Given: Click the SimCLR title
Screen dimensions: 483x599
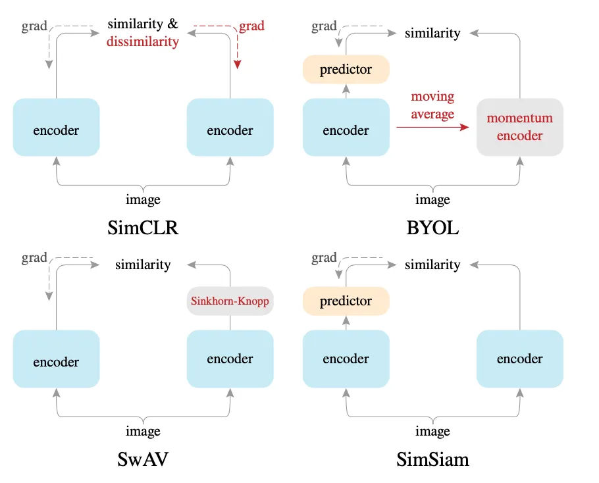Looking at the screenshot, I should coord(143,228).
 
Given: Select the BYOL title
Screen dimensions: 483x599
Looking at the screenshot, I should coord(432,228).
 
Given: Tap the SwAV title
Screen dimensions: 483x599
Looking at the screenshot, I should coord(143,459).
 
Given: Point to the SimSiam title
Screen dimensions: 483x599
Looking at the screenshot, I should coord(432,459).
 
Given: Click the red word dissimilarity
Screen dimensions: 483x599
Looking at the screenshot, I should coord(143,41).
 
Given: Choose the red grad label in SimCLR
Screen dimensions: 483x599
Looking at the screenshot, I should coord(251,26).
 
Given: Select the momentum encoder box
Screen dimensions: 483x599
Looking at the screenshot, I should coord(519,127).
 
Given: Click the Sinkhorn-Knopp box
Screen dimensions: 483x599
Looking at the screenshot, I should coord(230,301).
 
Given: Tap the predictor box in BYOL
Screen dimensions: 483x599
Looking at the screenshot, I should coord(346,70).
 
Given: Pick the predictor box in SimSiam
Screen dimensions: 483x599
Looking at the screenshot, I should coord(346,301).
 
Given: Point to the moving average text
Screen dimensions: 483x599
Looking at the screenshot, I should coord(432,105).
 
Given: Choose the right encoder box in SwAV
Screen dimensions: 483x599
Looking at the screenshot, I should coord(230,359).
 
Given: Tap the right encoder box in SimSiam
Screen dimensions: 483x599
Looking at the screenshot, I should coord(519,359).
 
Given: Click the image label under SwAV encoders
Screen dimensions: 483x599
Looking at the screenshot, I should coord(143,432).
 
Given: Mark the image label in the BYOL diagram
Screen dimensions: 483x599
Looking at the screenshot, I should coord(432,199).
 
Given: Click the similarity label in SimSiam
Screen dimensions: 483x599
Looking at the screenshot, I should coord(432,265).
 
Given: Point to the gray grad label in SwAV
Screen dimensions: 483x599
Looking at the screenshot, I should coord(34,258).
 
